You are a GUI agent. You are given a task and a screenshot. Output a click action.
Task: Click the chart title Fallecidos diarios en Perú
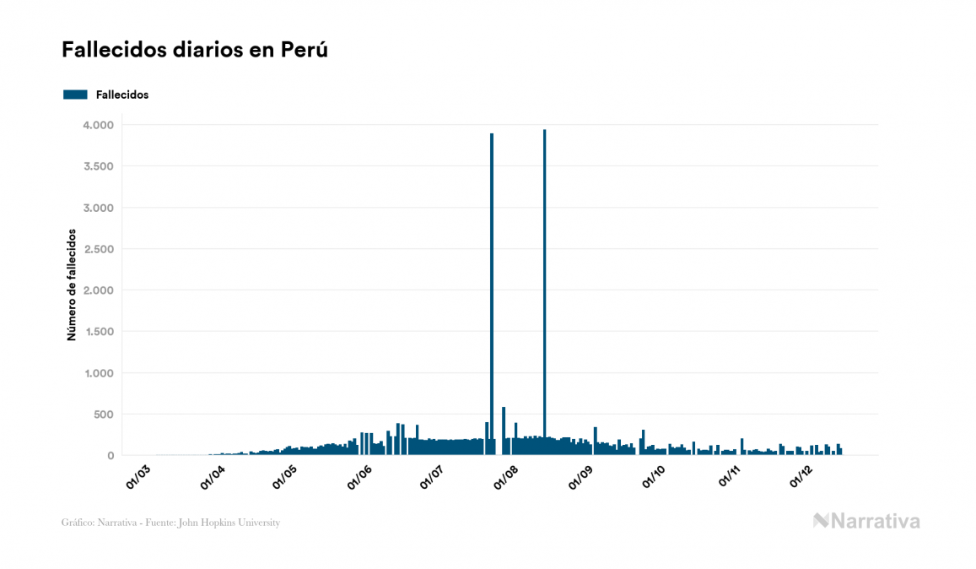coord(194,50)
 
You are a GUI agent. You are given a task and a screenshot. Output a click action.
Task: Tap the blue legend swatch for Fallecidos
coord(75,95)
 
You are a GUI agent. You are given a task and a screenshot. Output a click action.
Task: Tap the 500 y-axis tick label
coord(102,415)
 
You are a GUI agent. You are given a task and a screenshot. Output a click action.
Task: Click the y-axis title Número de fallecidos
coord(72,284)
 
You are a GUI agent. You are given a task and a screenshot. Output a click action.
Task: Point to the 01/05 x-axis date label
coord(285,476)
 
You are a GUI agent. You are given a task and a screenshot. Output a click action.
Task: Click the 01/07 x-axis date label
coord(432,476)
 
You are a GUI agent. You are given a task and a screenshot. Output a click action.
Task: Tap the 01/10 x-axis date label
coord(654,476)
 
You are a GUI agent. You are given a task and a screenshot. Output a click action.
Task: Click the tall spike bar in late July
coord(492,295)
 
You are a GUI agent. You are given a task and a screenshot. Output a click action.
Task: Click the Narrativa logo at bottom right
coord(866,521)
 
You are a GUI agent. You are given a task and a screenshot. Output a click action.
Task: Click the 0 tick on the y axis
coord(110,456)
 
